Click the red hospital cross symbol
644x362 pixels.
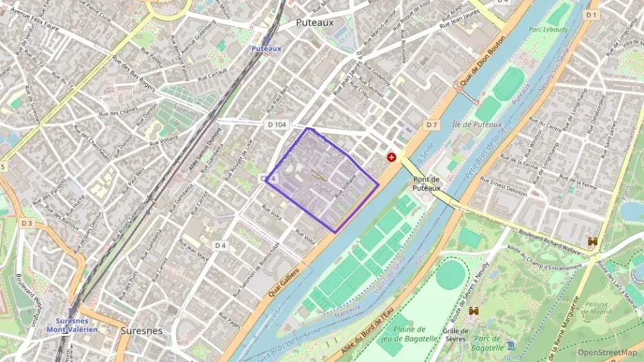tap(392, 157)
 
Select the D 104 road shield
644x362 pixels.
tap(276, 124)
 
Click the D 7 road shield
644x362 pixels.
tap(431, 124)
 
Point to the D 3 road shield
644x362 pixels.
tap(26, 223)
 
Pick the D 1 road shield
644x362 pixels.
tap(591, 14)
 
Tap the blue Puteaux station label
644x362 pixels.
tap(266, 49)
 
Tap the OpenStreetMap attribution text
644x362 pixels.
tap(607, 352)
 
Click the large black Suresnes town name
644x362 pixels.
tap(142, 330)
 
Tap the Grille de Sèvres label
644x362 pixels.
tap(455, 335)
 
